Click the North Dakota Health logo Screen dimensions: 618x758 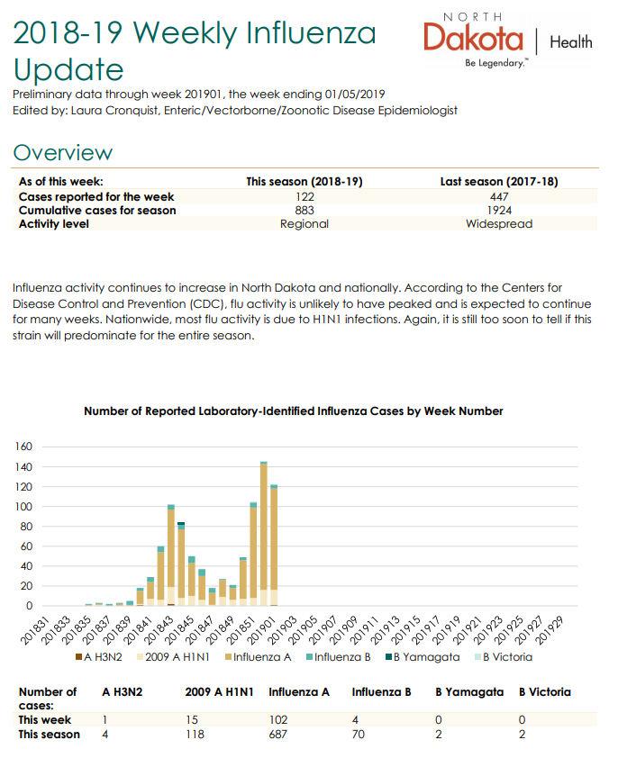point(508,41)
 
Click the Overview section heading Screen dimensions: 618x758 point(63,153)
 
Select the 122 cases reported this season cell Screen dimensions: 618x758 point(304,197)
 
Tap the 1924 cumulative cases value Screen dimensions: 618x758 point(499,211)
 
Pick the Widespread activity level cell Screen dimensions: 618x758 point(499,224)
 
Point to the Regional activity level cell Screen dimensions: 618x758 point(304,224)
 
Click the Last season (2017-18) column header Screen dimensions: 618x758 point(499,182)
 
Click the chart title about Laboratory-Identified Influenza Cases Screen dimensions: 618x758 point(294,411)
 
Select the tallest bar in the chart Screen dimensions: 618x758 point(264,534)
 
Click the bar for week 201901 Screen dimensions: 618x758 point(274,546)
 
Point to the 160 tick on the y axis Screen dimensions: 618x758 point(23,447)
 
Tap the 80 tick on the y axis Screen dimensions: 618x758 point(26,527)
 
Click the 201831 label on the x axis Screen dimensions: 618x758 point(35,630)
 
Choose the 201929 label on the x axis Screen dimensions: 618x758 point(550,630)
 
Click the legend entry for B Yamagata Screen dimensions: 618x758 point(423,657)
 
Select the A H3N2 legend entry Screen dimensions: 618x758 point(99,657)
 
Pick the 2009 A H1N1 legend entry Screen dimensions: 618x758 point(173,657)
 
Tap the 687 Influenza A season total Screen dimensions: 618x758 point(278,735)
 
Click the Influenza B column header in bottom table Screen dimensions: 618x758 point(381,692)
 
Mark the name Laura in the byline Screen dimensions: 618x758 point(86,111)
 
